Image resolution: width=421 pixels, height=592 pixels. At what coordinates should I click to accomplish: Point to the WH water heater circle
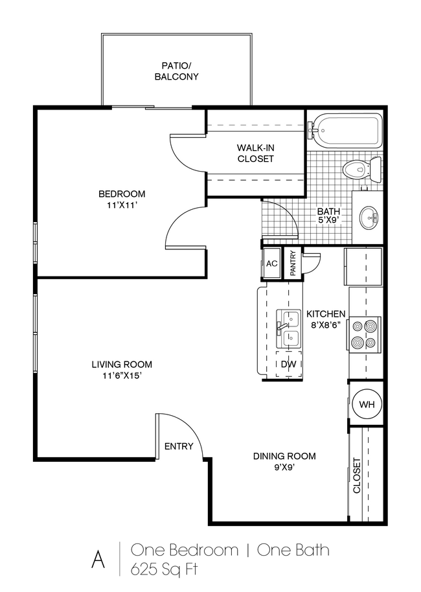[367, 405]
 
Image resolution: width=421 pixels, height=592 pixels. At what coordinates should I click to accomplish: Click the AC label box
[271, 264]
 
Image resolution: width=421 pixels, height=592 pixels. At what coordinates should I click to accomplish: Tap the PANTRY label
[293, 264]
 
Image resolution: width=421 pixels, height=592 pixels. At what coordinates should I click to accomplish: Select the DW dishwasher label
[289, 365]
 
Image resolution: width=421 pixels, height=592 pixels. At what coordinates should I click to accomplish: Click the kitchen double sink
[289, 328]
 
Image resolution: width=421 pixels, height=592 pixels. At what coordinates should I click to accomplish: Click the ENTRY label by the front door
[179, 446]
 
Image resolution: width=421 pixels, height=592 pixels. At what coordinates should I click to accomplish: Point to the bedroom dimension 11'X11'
[122, 206]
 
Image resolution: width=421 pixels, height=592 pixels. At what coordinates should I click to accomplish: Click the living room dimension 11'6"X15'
[121, 376]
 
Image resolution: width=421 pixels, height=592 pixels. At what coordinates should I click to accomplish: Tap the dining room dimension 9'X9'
[284, 468]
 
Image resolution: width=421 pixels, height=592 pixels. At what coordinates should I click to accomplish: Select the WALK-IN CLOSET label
[255, 154]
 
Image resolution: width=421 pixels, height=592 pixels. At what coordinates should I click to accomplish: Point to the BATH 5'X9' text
[329, 216]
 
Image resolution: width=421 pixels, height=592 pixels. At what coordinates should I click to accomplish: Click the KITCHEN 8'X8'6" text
[326, 319]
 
